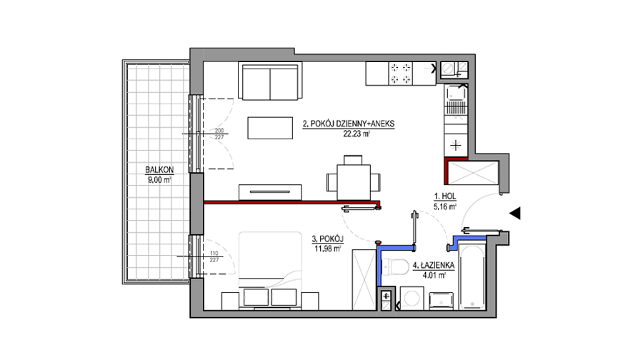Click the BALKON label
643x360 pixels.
tap(159, 169)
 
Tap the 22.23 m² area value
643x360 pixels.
tap(357, 134)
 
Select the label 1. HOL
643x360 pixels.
tap(445, 197)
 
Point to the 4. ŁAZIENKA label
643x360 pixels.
tap(434, 265)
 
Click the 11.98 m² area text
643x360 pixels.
tap(327, 249)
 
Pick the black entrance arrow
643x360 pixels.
tap(515, 213)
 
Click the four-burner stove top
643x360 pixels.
tap(400, 74)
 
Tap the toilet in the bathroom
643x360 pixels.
tap(393, 267)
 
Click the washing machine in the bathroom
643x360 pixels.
tap(412, 298)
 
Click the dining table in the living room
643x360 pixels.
tap(354, 182)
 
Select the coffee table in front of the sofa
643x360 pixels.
tap(270, 128)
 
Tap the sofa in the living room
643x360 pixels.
tap(270, 81)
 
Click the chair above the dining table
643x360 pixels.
tap(353, 160)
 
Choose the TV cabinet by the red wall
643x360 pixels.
tap(270, 192)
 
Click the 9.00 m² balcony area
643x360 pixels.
tap(159, 179)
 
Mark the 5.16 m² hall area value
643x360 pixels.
tap(445, 207)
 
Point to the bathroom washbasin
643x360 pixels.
tap(442, 301)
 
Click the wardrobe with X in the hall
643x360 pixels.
tap(473, 173)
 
